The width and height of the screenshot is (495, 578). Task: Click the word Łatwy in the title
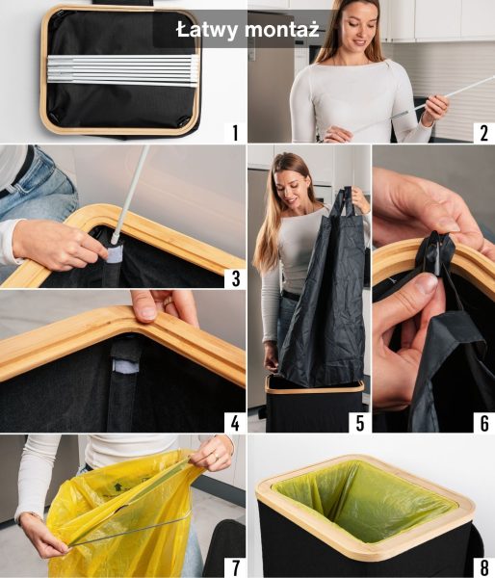point(207,30)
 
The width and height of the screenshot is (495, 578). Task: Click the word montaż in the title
point(281,30)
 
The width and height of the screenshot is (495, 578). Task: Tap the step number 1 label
point(235,133)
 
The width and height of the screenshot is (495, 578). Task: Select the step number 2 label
point(484,133)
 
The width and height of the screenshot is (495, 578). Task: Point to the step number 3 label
point(235,278)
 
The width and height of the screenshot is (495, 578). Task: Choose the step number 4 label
point(235,423)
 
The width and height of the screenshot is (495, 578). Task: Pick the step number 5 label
point(360,423)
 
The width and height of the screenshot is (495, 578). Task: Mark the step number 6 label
point(484,423)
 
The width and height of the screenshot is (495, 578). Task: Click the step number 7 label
point(235,568)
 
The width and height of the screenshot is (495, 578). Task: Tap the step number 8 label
point(484,568)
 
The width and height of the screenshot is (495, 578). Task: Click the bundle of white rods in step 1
point(122,70)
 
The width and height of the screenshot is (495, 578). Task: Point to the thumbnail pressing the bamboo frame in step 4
point(148,313)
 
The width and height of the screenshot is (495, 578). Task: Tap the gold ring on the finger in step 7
point(217,457)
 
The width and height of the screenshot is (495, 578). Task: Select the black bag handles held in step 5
point(346,202)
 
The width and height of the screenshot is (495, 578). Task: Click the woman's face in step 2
point(357,27)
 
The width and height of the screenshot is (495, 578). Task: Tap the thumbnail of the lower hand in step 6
point(428,284)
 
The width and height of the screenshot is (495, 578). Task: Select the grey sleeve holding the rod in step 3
point(114,255)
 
